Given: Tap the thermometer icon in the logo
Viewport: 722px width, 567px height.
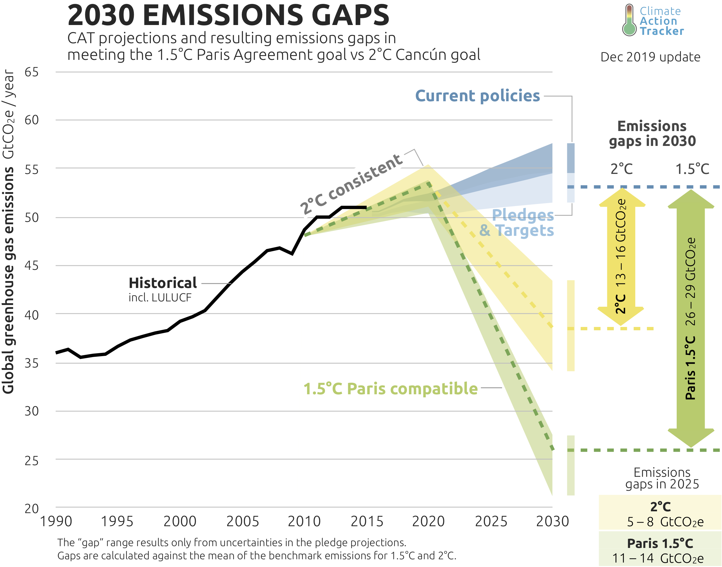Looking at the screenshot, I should [x=629, y=21].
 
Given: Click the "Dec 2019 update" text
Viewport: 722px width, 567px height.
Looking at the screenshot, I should [x=650, y=57].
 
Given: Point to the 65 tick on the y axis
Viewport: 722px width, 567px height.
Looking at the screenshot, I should [x=32, y=72].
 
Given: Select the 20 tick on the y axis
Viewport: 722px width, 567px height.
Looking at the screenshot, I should [x=32, y=509].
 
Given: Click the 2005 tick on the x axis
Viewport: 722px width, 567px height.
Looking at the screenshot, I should [x=243, y=521].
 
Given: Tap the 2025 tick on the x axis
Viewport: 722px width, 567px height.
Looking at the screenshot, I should [x=491, y=521].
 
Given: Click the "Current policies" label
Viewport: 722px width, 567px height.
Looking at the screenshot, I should [x=478, y=96].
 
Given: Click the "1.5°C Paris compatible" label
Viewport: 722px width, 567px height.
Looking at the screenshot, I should [x=391, y=389].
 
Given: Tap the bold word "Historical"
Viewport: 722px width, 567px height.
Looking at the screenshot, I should [x=163, y=283].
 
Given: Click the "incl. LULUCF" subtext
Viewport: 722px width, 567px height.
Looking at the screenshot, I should [x=160, y=298].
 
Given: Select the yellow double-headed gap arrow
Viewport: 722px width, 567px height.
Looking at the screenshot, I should [x=621, y=257].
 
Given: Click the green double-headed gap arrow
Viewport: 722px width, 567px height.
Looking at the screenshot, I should [x=691, y=318].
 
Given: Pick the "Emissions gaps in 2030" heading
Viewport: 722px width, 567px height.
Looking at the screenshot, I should [x=652, y=133].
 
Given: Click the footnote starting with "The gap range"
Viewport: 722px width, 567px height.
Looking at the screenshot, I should [x=232, y=542].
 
